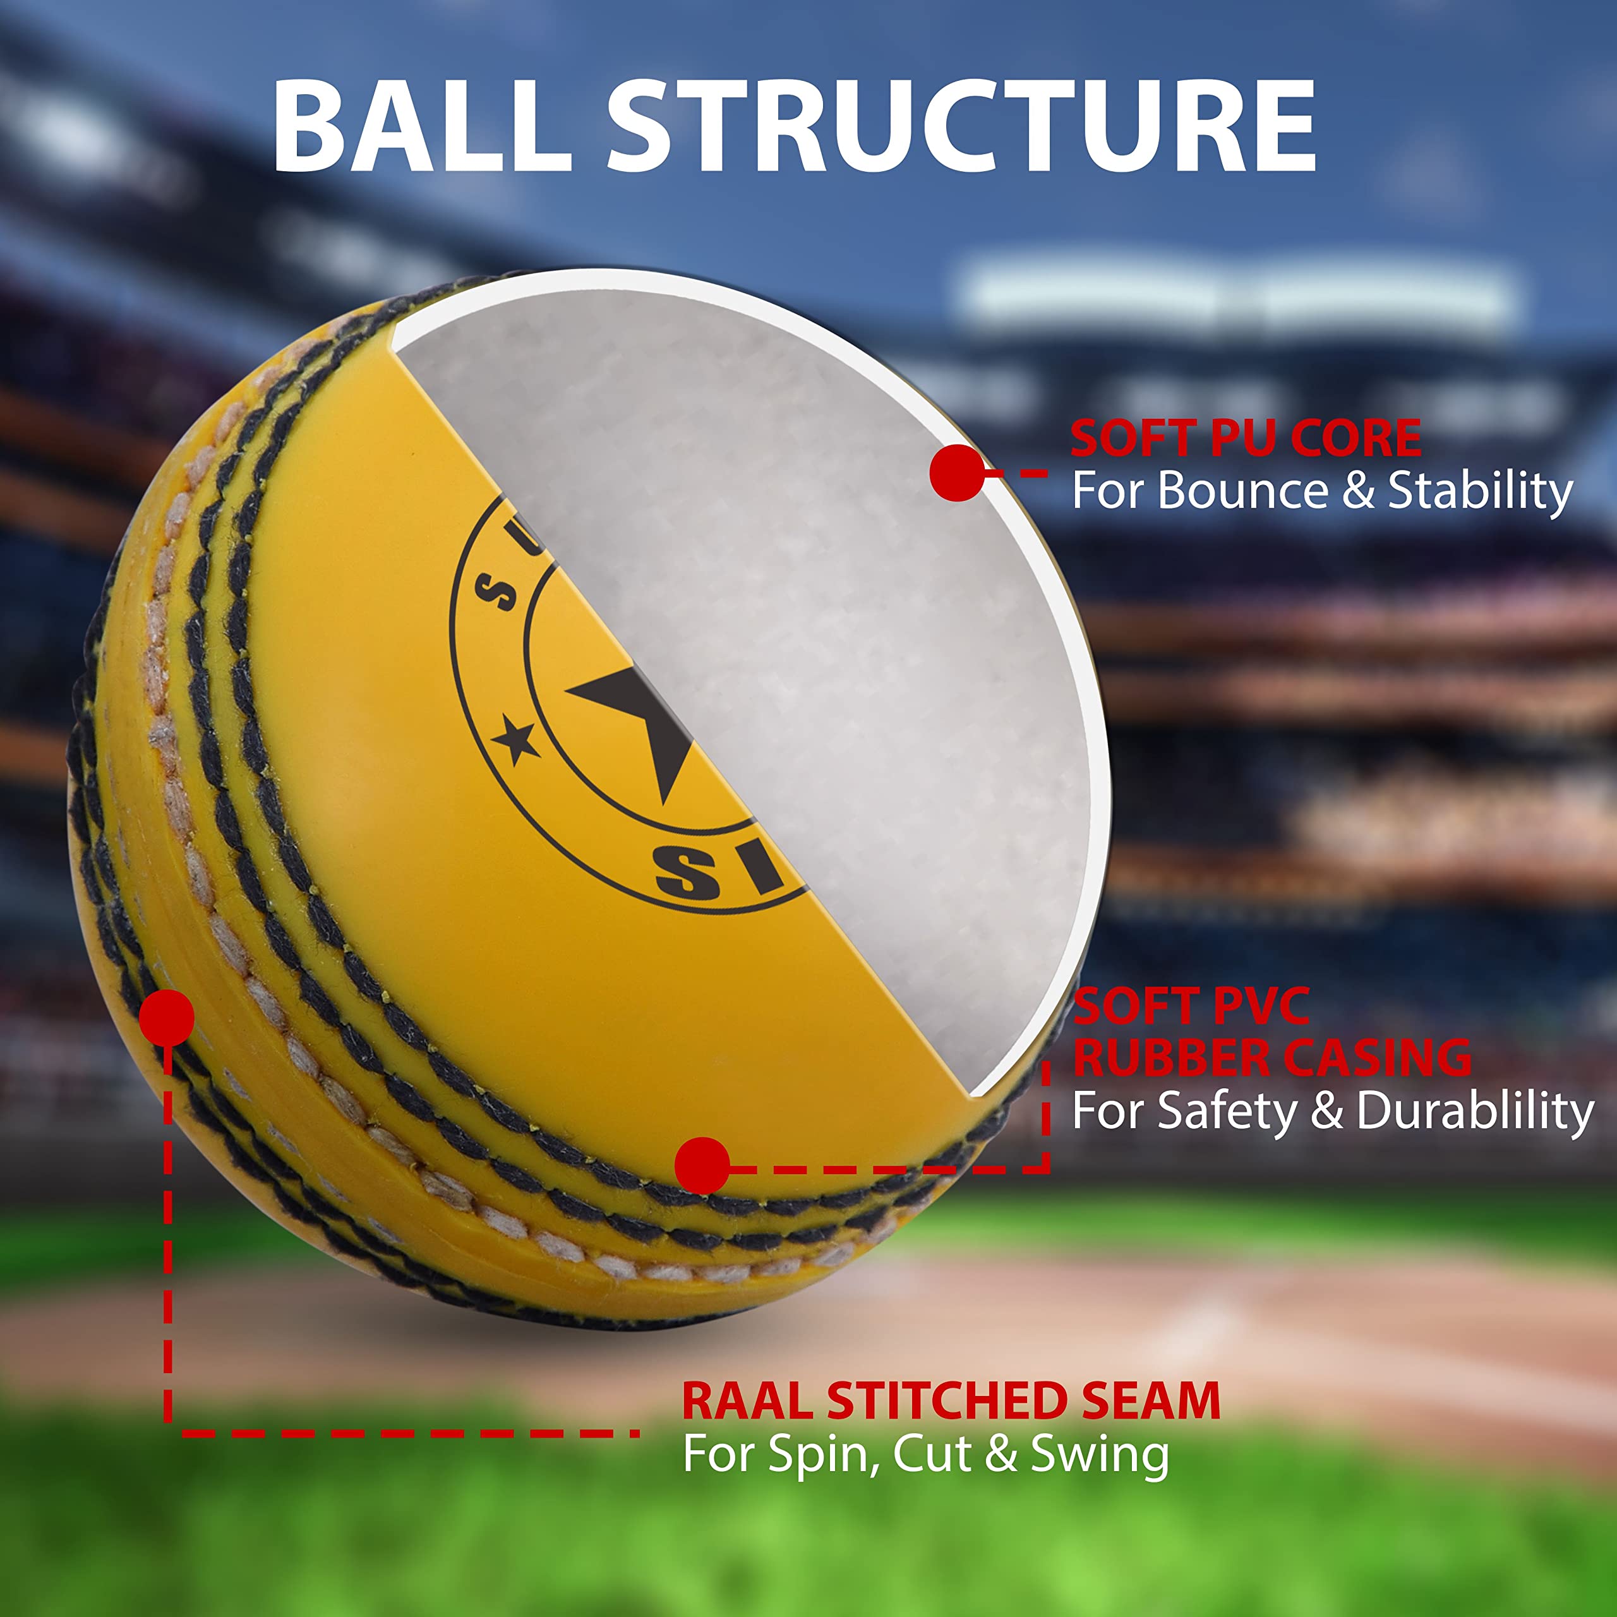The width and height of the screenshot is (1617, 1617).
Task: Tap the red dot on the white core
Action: pyautogui.click(x=957, y=473)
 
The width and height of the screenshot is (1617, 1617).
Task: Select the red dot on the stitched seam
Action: pyautogui.click(x=167, y=1017)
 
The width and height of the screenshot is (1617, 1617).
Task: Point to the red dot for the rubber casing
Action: pyautogui.click(x=701, y=1165)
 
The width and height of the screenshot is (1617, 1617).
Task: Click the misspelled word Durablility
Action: pyautogui.click(x=1475, y=1112)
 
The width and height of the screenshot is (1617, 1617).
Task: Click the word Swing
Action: pyautogui.click(x=1099, y=1455)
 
